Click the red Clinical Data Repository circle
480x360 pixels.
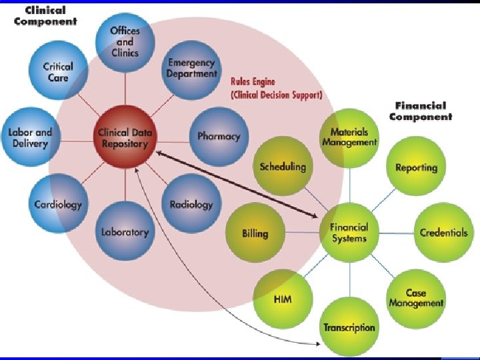[125, 137]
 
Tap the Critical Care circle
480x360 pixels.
[57, 72]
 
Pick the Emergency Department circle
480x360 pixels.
[191, 69]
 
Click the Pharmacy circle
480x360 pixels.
[218, 136]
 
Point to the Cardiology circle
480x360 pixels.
[59, 204]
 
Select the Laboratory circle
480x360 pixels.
[125, 231]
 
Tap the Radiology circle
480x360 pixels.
[191, 204]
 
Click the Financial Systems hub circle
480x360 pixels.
[349, 233]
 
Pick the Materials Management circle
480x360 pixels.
[349, 137]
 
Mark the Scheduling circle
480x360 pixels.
[283, 167]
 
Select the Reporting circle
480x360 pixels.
[416, 167]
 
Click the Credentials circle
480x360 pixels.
[443, 233]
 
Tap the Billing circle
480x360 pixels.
[255, 233]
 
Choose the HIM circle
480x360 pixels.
[283, 299]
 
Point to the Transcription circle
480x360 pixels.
[349, 327]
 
